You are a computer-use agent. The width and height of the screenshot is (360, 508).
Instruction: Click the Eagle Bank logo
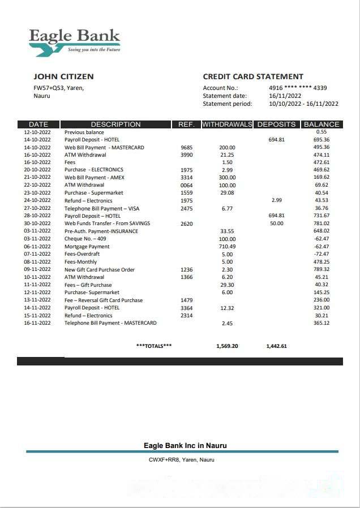[75, 41]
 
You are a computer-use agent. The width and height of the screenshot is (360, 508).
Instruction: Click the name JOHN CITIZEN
[63, 76]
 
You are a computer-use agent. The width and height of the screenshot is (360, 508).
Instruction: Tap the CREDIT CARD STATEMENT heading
[253, 76]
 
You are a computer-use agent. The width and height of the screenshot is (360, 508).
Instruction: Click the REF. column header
[186, 124]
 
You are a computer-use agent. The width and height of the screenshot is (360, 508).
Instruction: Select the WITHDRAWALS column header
[227, 124]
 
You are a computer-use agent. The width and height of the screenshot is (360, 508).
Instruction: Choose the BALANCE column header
[322, 124]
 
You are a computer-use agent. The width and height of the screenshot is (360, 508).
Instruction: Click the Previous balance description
[84, 132]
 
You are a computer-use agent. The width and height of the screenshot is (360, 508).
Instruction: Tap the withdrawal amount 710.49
[227, 247]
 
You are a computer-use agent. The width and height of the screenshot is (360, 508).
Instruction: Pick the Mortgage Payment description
[87, 247]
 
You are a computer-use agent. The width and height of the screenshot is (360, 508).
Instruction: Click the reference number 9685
[186, 148]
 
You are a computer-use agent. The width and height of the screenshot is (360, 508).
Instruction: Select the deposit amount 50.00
[277, 223]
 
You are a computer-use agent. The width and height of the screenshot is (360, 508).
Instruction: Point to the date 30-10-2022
[37, 223]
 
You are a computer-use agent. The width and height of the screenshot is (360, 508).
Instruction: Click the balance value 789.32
[322, 270]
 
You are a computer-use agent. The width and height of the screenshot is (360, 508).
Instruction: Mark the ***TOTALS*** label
[154, 346]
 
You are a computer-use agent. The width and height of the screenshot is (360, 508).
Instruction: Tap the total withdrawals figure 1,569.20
[227, 346]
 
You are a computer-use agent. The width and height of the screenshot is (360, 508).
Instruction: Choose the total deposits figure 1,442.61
[276, 346]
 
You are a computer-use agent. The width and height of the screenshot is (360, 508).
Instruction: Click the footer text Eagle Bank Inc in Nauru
[185, 446]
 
